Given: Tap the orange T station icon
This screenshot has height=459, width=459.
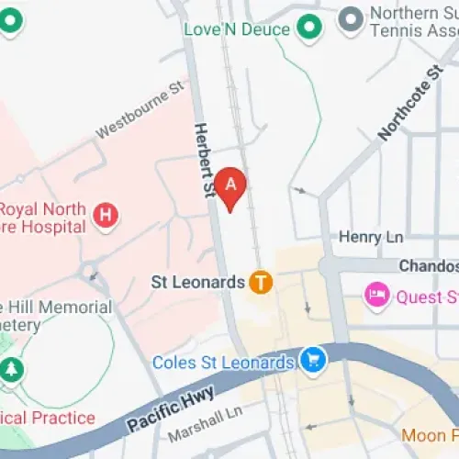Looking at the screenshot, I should (x=262, y=282).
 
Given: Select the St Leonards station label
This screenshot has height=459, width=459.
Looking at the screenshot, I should (x=197, y=282).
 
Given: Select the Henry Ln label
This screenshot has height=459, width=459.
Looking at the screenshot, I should (x=371, y=237).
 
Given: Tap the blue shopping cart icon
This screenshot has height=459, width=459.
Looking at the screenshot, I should (x=313, y=361).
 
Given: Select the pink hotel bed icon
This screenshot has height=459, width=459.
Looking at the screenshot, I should (x=376, y=296).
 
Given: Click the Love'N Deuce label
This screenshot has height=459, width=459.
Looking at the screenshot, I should (x=237, y=28).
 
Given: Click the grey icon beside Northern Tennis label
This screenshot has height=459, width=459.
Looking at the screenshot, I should (x=350, y=19).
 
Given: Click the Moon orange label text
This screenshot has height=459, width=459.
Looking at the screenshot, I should (x=430, y=433).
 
